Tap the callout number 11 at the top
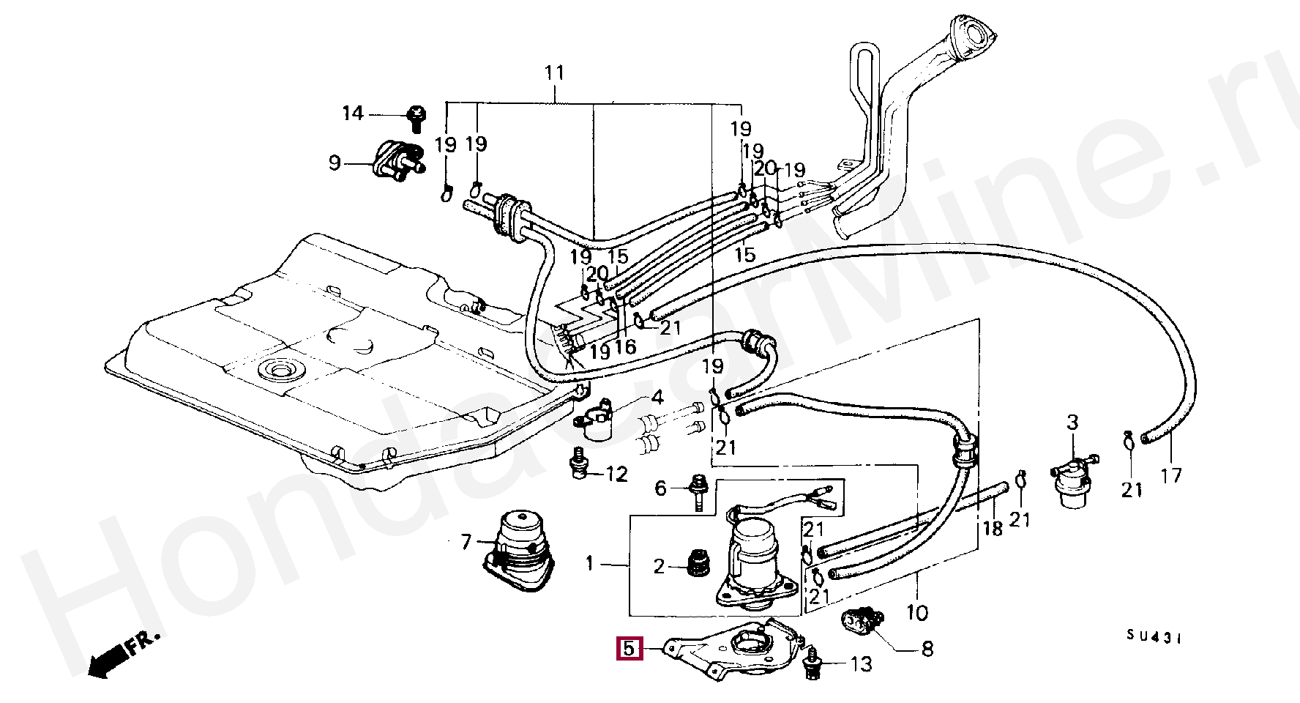coord(555,72)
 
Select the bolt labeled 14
coord(416,118)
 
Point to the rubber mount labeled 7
coord(518,549)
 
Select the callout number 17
coord(1171,475)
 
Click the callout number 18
coord(993,528)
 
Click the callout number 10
coord(917,612)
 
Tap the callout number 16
coord(625,346)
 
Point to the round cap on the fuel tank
coord(281,370)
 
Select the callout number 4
coord(657,398)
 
